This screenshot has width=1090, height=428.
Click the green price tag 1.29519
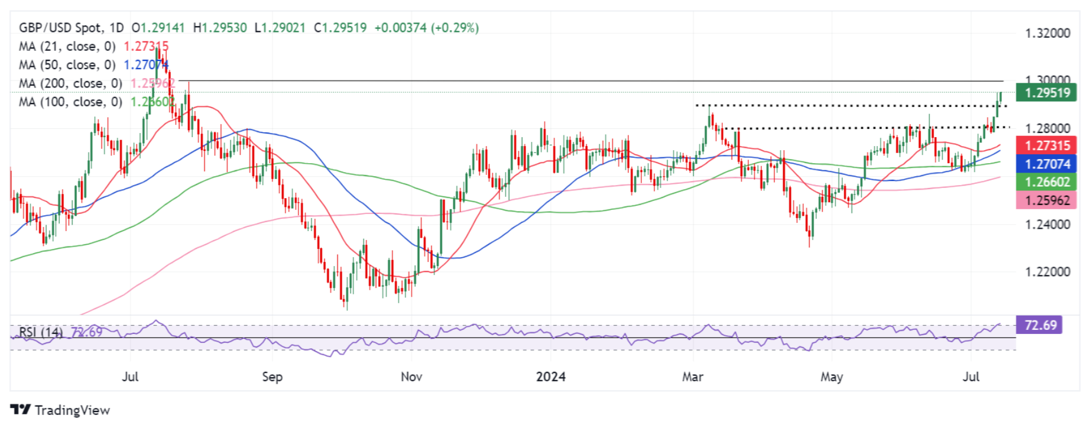[1046, 93]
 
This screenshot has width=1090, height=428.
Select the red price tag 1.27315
[1046, 145]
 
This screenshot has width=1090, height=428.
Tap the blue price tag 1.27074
[1046, 164]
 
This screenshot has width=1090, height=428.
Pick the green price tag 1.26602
[1046, 182]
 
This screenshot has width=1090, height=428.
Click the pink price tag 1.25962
[1046, 200]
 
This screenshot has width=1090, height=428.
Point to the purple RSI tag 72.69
[1040, 325]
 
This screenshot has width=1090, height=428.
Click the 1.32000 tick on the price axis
[1047, 33]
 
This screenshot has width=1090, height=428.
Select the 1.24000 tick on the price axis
[1047, 225]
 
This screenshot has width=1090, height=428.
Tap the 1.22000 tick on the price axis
[1047, 272]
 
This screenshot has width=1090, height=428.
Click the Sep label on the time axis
[272, 377]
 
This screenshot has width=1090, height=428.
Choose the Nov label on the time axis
[411, 377]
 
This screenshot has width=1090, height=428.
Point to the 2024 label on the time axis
[550, 377]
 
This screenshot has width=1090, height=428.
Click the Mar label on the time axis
[693, 377]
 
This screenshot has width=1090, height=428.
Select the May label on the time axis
[832, 377]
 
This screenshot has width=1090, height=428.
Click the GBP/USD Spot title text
[60, 28]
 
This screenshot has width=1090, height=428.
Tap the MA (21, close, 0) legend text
[67, 46]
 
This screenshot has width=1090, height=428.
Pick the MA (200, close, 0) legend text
[70, 83]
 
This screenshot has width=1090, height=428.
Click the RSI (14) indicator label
[41, 332]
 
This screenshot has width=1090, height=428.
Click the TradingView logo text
[72, 410]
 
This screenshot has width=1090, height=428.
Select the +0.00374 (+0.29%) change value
[426, 28]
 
